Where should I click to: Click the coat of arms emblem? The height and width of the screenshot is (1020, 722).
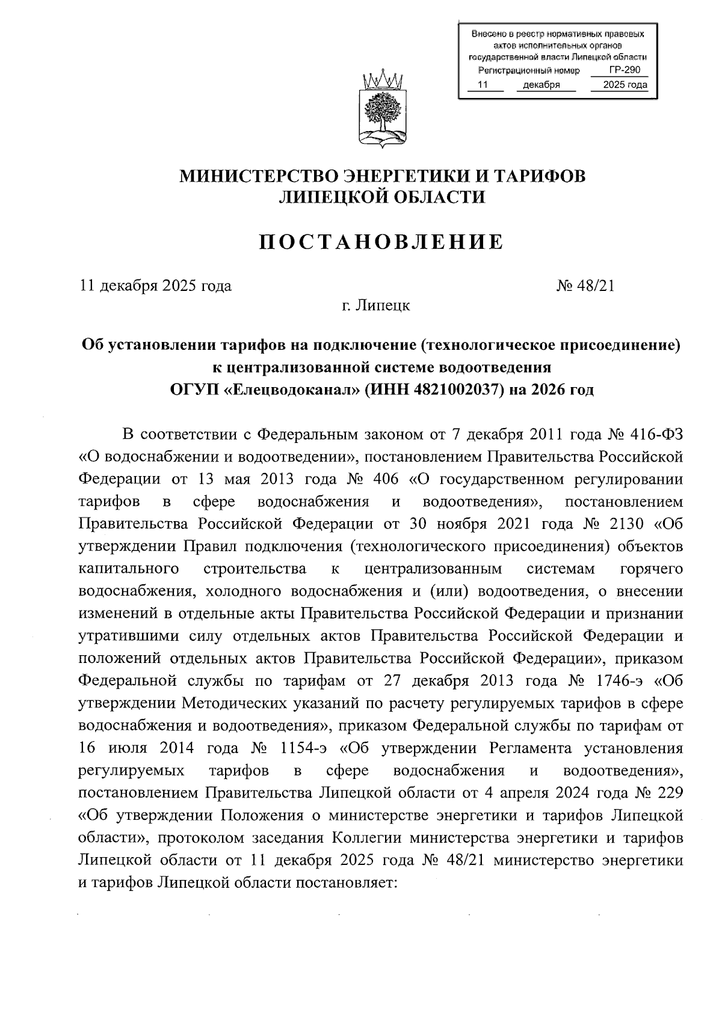[381, 109]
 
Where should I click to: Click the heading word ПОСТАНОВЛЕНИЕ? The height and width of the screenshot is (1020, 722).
[381, 242]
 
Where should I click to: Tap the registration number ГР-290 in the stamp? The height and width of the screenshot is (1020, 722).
[624, 70]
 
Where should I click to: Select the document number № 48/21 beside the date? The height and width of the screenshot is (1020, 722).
[585, 286]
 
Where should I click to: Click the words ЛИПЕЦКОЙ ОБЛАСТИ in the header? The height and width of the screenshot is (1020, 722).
[381, 197]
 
